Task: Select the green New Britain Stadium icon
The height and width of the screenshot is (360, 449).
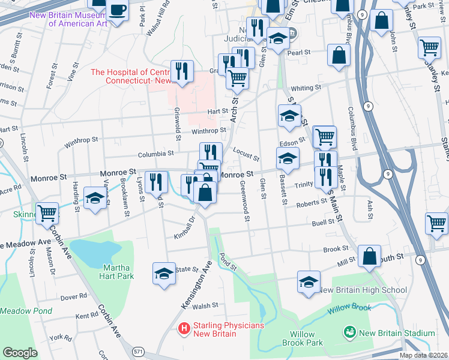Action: [x=348, y=332]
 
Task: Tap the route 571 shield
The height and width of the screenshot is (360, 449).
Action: [x=137, y=352]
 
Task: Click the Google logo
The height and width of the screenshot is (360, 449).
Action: [x=20, y=353]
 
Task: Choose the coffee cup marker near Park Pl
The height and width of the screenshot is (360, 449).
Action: [x=116, y=10]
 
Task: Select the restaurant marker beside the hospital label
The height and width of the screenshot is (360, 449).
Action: [x=182, y=71]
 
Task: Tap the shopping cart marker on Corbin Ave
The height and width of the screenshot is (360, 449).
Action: [x=47, y=212]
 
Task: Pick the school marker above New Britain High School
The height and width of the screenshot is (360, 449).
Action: [x=309, y=281]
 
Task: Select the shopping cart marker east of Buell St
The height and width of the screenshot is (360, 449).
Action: [x=436, y=223]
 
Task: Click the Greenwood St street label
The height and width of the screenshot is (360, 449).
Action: [x=244, y=200]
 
